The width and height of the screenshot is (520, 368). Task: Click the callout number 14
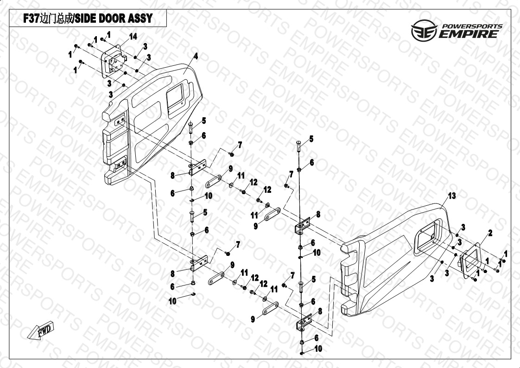click(133, 37)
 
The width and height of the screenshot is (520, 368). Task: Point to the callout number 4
click(196, 57)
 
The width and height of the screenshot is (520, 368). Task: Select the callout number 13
click(452, 196)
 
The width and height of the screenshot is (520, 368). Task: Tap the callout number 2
click(490, 233)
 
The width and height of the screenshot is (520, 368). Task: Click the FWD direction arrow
click(40, 330)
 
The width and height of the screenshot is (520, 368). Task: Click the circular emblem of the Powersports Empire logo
click(424, 30)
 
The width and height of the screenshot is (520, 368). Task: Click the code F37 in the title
click(32, 19)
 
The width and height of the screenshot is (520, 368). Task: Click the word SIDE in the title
click(84, 19)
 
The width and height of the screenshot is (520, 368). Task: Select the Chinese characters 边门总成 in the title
click(57, 19)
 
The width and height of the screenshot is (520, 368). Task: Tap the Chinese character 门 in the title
click(52, 19)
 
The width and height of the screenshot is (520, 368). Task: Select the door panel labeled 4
click(152, 123)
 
